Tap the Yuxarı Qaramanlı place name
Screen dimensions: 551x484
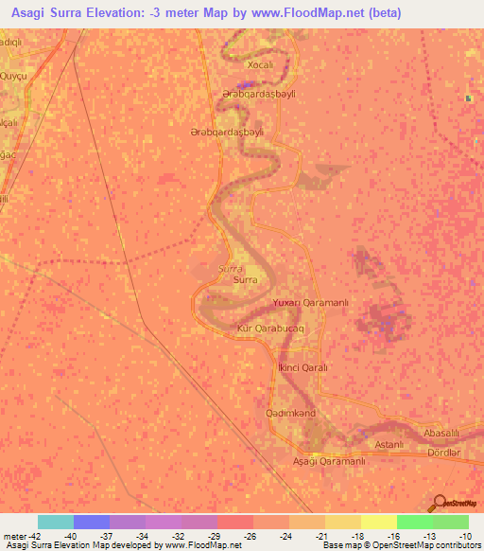coord(311,302)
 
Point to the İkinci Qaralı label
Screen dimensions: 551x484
coord(302,366)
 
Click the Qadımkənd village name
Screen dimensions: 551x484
coord(297,414)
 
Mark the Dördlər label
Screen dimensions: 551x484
coord(443,452)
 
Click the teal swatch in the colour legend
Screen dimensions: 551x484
coord(56,522)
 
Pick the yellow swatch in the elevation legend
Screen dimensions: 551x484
coord(378,522)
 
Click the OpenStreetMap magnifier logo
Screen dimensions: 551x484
coord(440,503)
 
